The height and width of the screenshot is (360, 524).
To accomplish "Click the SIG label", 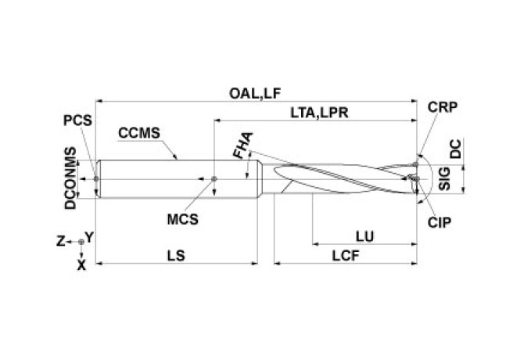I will [443, 180].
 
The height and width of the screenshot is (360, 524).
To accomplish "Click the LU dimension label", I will [364, 235].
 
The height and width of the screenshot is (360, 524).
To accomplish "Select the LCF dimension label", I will [345, 255].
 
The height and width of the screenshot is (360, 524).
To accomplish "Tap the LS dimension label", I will [177, 255].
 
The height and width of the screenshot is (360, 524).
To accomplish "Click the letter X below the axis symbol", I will [81, 265].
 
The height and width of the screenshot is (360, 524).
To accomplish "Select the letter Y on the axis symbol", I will [90, 236].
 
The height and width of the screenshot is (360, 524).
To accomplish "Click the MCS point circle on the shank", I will [215, 178].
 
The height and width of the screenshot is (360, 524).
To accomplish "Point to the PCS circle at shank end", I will [95, 178].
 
